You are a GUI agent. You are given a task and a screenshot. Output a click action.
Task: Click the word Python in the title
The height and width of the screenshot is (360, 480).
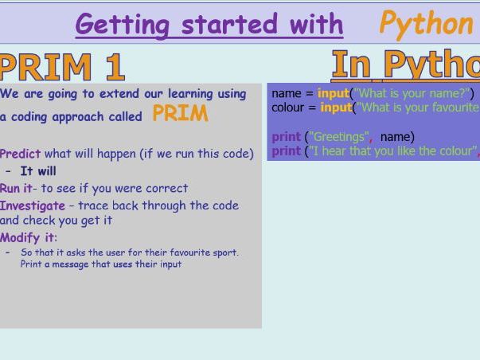(x=425, y=24)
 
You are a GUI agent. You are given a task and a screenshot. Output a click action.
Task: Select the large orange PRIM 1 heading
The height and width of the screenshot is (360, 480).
(x=62, y=67)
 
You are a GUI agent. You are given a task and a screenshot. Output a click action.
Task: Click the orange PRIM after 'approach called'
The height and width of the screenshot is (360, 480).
(x=180, y=114)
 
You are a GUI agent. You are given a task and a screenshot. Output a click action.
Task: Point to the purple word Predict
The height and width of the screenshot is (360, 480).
(x=20, y=154)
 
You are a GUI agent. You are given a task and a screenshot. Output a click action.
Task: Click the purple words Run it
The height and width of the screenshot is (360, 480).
(x=16, y=189)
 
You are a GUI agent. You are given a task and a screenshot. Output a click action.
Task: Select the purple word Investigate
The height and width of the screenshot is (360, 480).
(x=33, y=205)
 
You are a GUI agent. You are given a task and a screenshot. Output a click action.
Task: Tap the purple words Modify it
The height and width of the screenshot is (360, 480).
(x=29, y=237)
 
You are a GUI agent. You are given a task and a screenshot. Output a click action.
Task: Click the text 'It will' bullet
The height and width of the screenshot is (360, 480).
(x=38, y=171)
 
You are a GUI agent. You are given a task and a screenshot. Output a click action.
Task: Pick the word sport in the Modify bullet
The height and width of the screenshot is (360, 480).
(x=224, y=253)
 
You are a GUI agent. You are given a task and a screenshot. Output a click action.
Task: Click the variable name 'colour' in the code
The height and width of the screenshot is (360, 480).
(x=288, y=108)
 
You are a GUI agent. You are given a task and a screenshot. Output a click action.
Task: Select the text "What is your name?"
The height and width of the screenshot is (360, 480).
(x=412, y=94)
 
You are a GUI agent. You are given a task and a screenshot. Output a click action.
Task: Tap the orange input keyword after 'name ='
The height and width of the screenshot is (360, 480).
(x=333, y=94)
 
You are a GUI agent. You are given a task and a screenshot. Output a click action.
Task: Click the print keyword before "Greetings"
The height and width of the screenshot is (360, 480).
(x=286, y=137)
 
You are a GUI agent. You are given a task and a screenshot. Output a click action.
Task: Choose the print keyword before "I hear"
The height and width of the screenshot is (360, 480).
(x=286, y=151)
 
